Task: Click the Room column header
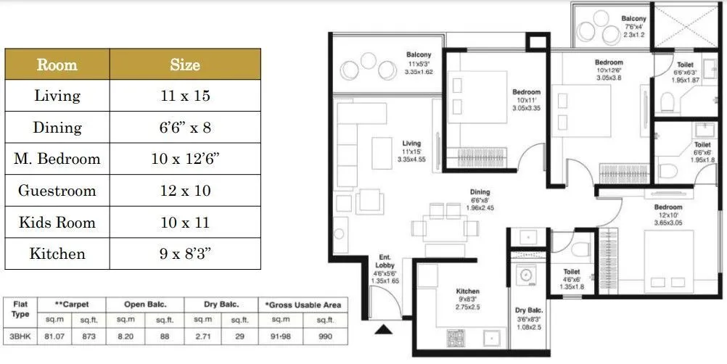(x=57, y=65)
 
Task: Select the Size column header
(x=185, y=65)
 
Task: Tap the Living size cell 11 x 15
(x=185, y=96)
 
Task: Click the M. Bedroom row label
(x=57, y=159)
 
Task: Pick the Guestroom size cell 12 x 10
(x=185, y=191)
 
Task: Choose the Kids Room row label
(x=57, y=222)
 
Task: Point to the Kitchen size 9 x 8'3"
(x=185, y=254)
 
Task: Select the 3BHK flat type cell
(x=19, y=336)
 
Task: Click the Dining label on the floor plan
(x=479, y=193)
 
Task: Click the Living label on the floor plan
(x=411, y=144)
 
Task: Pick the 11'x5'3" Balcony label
(x=418, y=55)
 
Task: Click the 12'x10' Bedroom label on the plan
(x=667, y=207)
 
